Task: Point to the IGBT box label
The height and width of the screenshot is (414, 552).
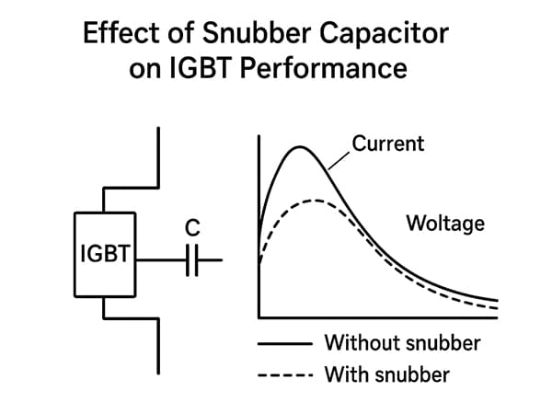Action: [104, 252]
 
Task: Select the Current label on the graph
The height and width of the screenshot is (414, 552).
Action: [388, 143]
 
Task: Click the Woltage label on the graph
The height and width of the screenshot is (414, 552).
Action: [444, 223]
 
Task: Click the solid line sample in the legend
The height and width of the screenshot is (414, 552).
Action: [283, 343]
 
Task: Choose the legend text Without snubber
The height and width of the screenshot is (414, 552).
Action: [402, 343]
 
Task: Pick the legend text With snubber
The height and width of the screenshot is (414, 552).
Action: [386, 375]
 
